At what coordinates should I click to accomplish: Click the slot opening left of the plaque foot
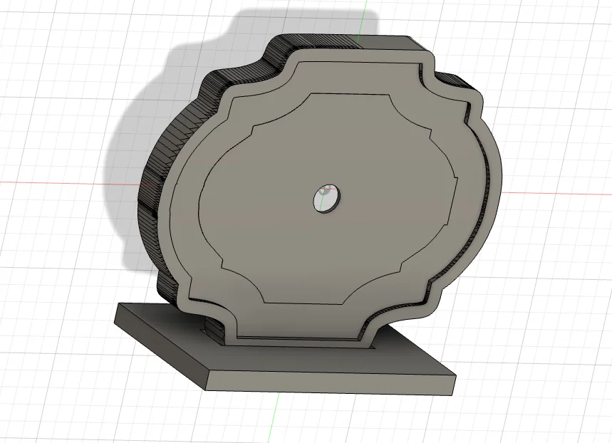(x=212, y=329)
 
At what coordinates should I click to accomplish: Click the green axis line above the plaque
(x=364, y=18)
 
